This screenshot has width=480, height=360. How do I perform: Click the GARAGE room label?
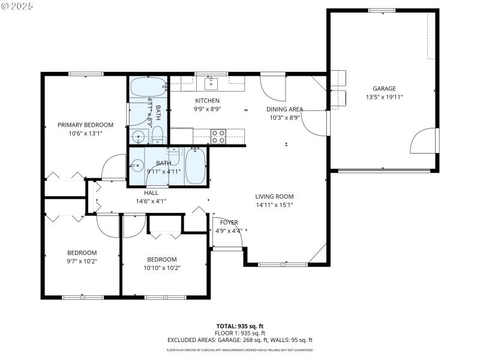(x=384, y=88)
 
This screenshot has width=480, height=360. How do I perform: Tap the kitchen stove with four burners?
(x=218, y=136)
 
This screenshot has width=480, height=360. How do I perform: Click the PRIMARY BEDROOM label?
(x=85, y=125)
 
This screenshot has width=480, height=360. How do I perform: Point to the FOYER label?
(x=229, y=223)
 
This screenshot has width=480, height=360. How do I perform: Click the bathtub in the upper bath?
(x=147, y=88)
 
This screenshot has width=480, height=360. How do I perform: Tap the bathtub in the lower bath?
(x=196, y=166)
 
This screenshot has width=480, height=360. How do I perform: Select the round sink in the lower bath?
(x=137, y=164)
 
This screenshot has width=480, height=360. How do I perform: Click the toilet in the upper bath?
(x=158, y=137)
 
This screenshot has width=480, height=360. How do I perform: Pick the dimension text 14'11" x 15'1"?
(x=274, y=205)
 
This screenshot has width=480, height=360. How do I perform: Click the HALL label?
(x=151, y=193)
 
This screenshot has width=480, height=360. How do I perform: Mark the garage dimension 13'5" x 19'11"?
(x=384, y=97)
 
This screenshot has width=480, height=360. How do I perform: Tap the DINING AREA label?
(x=284, y=109)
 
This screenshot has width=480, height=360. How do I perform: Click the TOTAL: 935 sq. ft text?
(x=239, y=326)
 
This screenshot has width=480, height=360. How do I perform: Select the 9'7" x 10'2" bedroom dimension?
(x=82, y=261)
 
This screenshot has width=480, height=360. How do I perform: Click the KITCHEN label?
(x=207, y=101)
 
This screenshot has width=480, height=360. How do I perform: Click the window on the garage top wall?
(x=381, y=10)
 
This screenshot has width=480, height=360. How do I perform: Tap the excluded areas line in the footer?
(x=239, y=340)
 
